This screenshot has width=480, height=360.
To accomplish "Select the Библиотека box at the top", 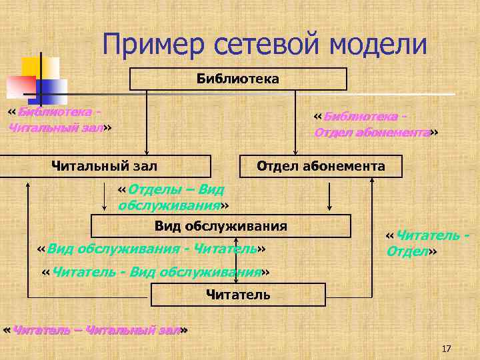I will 237,79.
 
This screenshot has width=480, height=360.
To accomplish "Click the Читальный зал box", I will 105,166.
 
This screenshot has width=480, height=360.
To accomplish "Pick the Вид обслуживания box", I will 221,226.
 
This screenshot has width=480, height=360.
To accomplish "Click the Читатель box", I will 238,294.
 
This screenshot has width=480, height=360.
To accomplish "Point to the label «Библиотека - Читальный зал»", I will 59,119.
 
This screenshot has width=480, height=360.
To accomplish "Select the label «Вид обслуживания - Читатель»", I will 151,249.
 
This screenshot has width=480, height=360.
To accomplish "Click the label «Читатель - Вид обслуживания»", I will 155,272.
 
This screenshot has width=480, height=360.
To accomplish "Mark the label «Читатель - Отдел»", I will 422,243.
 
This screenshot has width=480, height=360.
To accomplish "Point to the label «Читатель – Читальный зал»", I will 95,330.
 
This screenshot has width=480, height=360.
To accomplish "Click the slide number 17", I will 446,349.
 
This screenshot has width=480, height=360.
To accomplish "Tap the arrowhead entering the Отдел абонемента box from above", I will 296,151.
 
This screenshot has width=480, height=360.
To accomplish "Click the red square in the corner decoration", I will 20,86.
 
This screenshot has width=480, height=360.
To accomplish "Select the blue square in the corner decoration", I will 51,89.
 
